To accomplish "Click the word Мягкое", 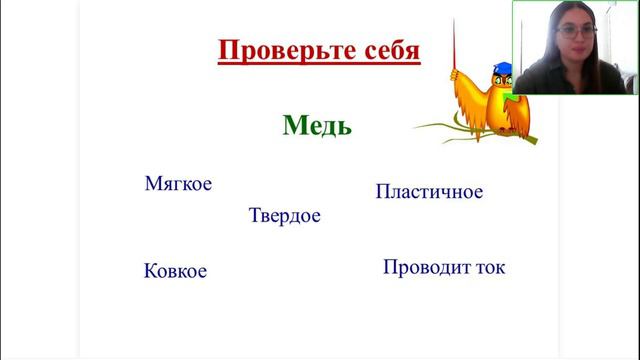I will coord(178,184).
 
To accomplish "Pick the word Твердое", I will coord(284,216).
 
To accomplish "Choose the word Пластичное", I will coord(429,191).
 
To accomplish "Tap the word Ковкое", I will coord(175,271).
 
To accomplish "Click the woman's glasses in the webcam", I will coord(578,33).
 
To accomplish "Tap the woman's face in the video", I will coord(578,38).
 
